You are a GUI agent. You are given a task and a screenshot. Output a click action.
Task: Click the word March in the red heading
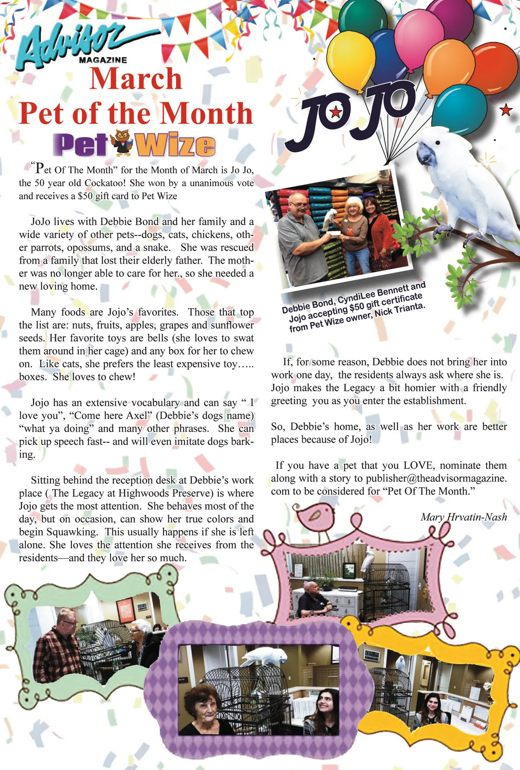click(x=136, y=79)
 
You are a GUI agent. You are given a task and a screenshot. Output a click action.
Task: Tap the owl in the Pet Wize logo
click(x=122, y=143)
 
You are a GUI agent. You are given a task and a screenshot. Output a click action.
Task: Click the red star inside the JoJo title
click(x=335, y=113)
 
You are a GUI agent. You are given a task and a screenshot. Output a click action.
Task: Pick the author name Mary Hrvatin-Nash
click(x=463, y=517)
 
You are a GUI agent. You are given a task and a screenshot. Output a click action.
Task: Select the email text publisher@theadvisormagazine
click(x=436, y=478)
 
